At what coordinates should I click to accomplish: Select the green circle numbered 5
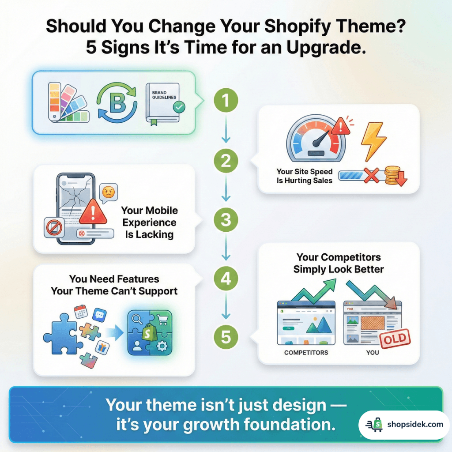226,338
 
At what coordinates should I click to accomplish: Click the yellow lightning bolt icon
373,140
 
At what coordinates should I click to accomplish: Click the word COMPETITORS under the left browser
306,353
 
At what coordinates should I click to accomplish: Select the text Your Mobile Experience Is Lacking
150,222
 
